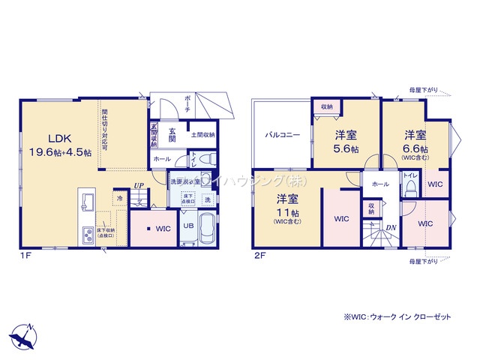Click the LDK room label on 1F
[x=60, y=138]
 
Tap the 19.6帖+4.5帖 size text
[x=60, y=152]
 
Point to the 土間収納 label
[x=202, y=135]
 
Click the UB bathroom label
[x=189, y=225]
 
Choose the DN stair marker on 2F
[x=391, y=227]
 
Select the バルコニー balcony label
[x=282, y=136]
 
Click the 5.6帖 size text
[x=346, y=149]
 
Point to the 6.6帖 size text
[x=415, y=148]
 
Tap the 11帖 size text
[x=283, y=213]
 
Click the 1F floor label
[x=25, y=256]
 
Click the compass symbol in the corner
[x=25, y=333]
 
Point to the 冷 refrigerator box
[x=120, y=198]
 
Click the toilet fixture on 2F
[x=409, y=189]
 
